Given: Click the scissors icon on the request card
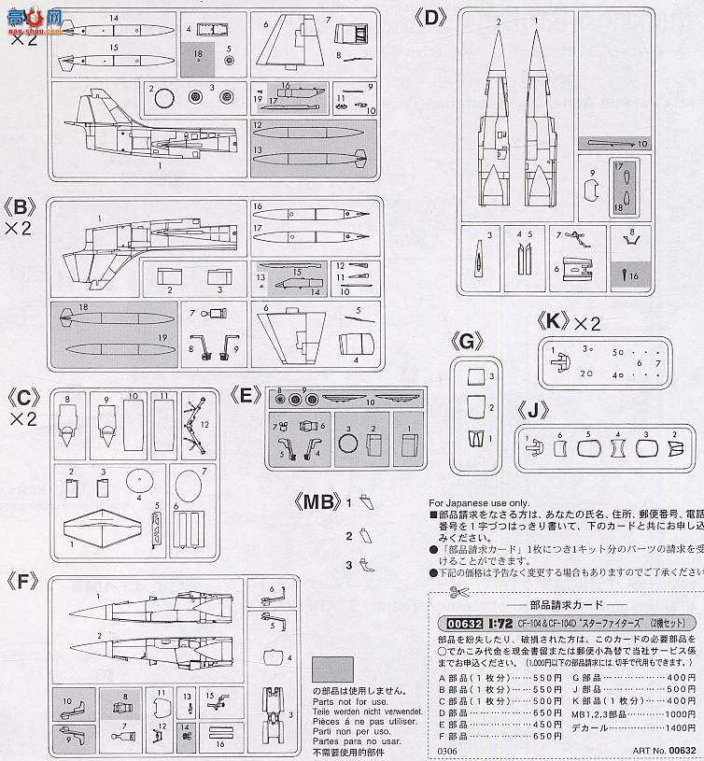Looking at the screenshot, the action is tap(455, 591).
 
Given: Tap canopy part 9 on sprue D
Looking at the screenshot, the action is tap(591, 190).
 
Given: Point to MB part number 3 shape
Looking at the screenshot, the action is tap(364, 564).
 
